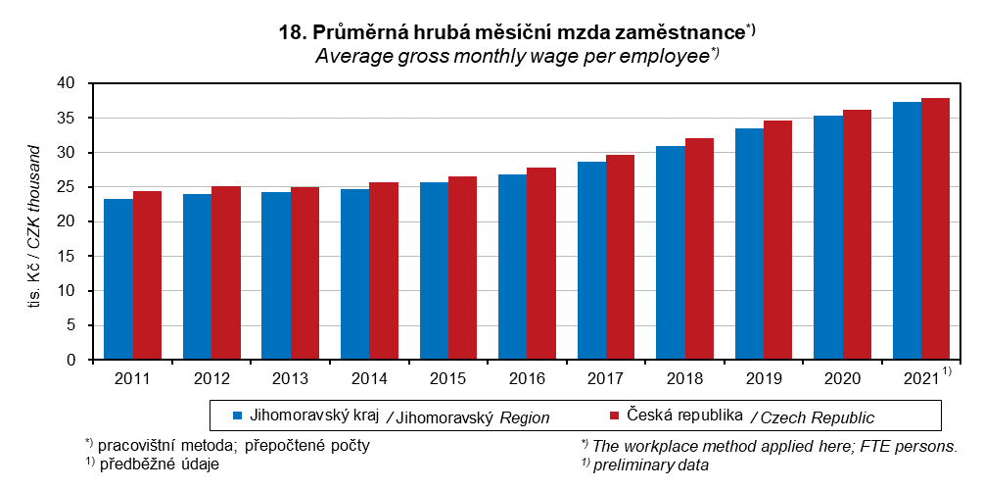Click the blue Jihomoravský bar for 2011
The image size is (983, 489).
(118, 279)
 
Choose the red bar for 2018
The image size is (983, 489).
(699, 249)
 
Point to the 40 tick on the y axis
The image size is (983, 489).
(67, 83)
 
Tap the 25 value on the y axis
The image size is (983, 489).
(67, 187)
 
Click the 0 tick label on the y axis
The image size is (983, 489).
(71, 360)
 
